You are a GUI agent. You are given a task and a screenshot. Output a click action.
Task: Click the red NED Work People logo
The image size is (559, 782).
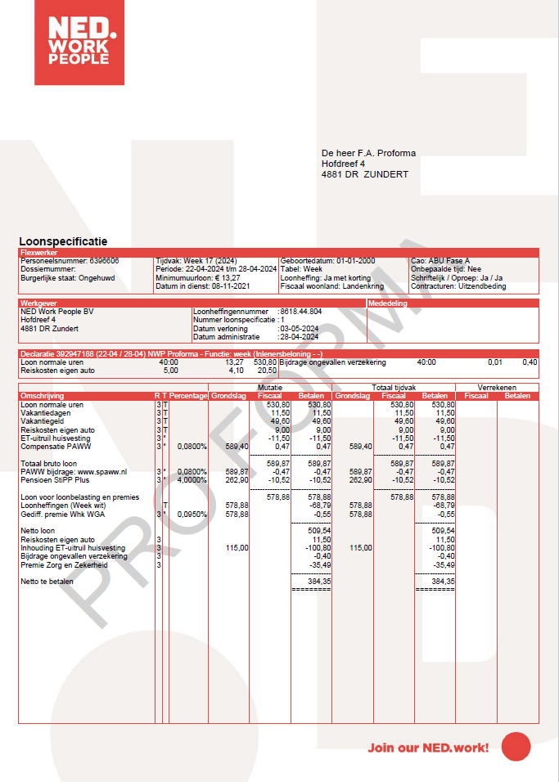pos(79,43)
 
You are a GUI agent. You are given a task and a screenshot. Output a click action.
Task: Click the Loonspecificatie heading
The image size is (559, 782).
pos(63,241)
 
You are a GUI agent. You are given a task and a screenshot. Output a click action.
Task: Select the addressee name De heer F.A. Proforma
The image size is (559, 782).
pos(368,153)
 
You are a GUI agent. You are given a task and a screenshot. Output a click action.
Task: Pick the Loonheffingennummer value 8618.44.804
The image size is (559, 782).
pos(300,312)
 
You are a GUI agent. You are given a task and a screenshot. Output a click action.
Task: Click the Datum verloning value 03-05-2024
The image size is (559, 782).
pos(299,328)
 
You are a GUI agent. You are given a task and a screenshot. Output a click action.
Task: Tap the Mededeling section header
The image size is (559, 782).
pos(389,303)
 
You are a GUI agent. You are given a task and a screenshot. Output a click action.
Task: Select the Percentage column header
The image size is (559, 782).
pos(188,396)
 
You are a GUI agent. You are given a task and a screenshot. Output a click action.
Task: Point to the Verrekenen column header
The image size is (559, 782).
pos(497,387)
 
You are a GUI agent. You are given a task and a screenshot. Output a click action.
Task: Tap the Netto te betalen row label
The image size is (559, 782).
pos(47,581)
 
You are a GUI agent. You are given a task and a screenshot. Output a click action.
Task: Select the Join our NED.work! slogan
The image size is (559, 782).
pos(428,747)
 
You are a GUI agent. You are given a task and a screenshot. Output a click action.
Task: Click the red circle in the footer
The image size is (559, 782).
pos(516,746)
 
